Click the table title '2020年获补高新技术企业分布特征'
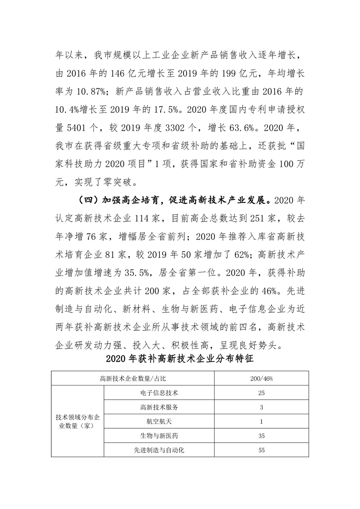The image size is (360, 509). (x=180, y=359)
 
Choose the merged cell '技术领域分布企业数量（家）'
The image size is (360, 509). (x=77, y=421)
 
